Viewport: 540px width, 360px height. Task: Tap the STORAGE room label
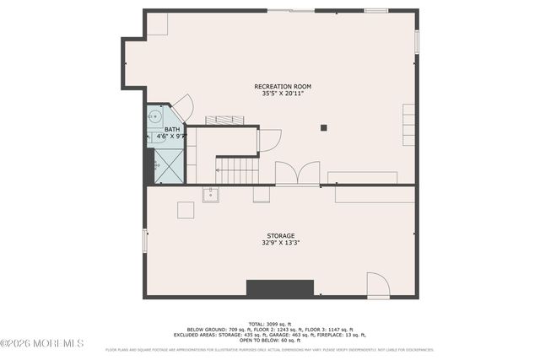click(x=281, y=235)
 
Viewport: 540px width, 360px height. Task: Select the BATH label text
click(x=171, y=129)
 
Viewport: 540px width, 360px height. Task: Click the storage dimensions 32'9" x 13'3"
click(x=281, y=243)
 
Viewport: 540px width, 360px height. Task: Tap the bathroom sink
click(x=155, y=117)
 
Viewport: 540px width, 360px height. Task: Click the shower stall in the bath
click(x=169, y=167)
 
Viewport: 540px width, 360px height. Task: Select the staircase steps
click(x=238, y=171)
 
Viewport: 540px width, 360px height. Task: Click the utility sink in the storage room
click(x=210, y=196)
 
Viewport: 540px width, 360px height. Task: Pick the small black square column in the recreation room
click(x=323, y=128)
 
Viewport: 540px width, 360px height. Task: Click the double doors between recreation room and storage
click(x=297, y=174)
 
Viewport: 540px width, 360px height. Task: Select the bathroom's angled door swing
click(x=184, y=108)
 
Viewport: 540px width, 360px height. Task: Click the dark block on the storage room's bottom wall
click(x=279, y=288)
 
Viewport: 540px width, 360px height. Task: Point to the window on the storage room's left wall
click(x=145, y=240)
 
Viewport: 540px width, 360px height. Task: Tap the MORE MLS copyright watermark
click(x=42, y=343)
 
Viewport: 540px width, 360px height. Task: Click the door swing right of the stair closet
click(x=269, y=140)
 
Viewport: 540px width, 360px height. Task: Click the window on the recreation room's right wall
click(x=416, y=42)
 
